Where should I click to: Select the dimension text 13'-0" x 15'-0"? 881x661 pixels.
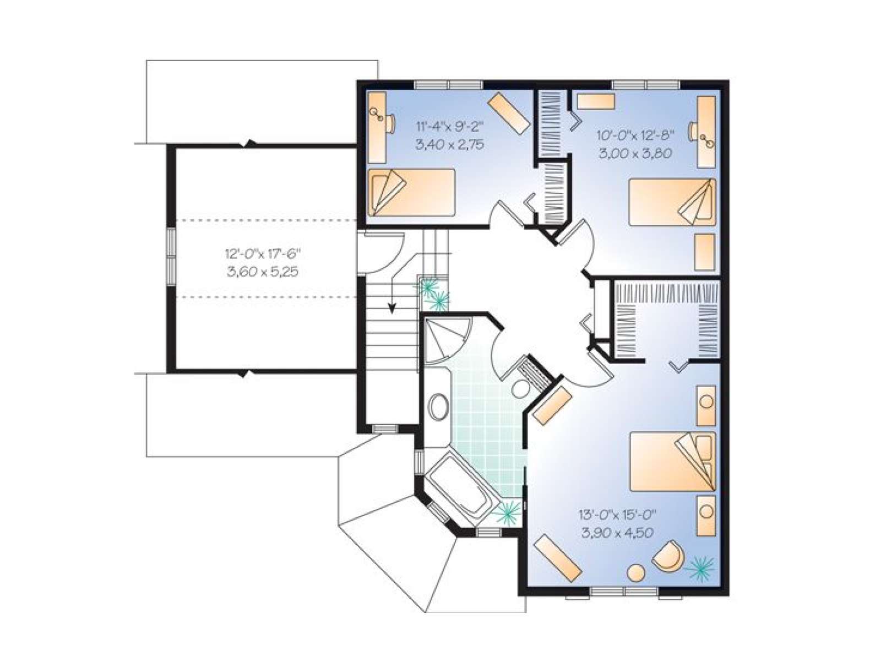pyautogui.click(x=617, y=514)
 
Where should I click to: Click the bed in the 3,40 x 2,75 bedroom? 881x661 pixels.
pyautogui.click(x=412, y=192)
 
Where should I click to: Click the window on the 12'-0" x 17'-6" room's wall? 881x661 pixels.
pyautogui.click(x=171, y=257)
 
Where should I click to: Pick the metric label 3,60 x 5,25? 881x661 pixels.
pyautogui.click(x=263, y=273)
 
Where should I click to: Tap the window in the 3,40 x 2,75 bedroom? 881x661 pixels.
pyautogui.click(x=448, y=84)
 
